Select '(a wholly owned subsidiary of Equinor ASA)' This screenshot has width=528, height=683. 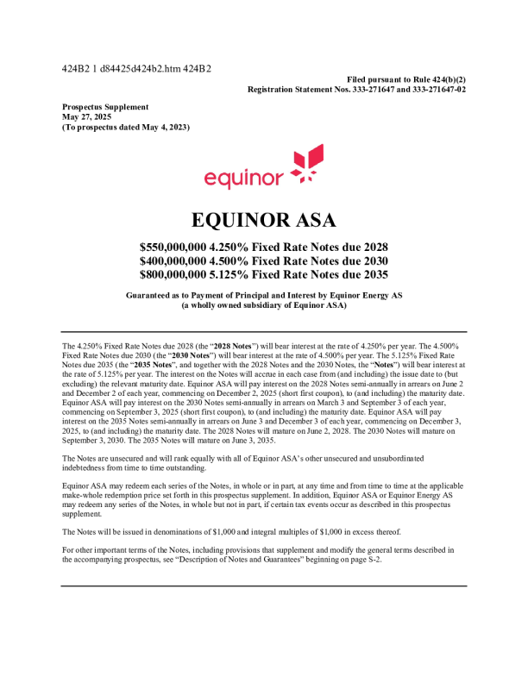point(263,305)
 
